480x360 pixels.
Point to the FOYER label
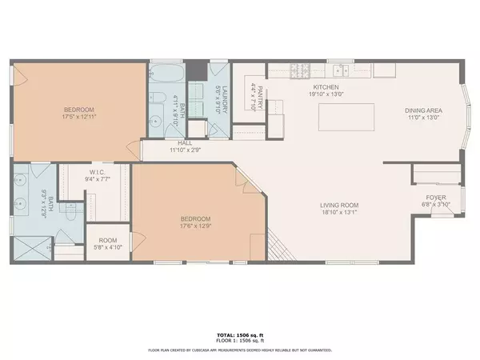[x=436, y=197]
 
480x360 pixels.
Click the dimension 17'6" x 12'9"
[x=195, y=226]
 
